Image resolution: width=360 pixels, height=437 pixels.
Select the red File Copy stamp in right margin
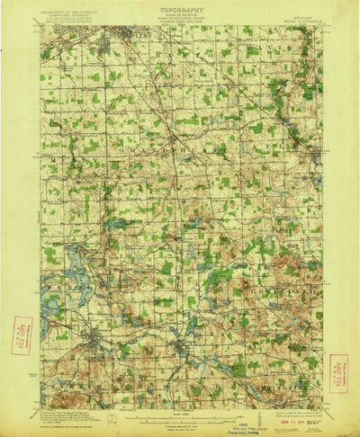coord(339,370)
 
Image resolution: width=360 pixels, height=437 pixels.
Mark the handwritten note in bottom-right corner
coord(343,433)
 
